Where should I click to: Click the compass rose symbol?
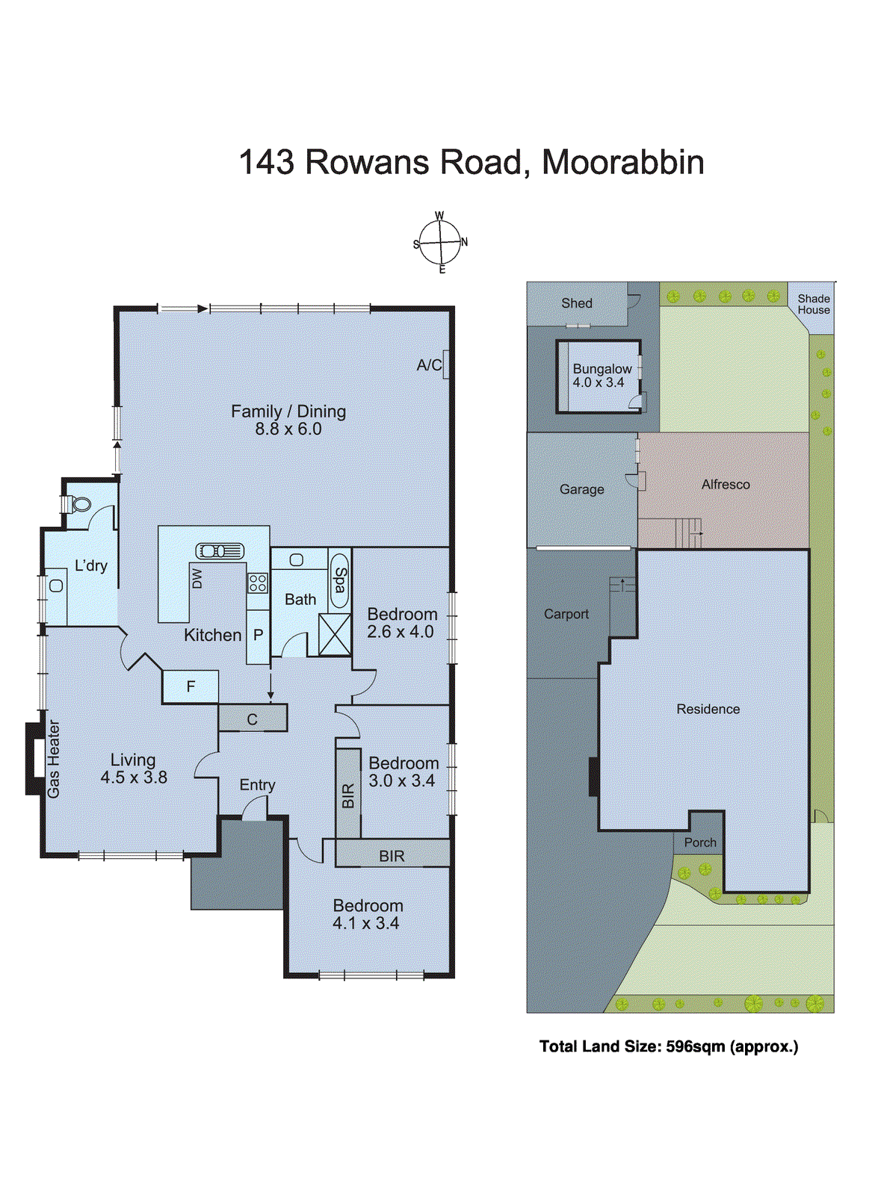coord(440,243)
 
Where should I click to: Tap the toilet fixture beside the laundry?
coord(78,505)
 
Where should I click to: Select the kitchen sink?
coord(220,551)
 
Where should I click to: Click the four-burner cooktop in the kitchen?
coord(258,583)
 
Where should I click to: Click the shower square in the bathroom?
coord(334,634)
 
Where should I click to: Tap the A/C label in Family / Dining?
coord(429,365)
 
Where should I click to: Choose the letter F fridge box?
coord(191,686)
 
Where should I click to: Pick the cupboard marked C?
coord(253,719)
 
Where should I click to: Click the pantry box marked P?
coord(258,636)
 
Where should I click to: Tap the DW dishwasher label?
coord(197,578)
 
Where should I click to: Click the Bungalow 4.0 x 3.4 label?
coord(602,376)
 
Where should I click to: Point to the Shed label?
coord(576,303)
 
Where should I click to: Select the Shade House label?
coord(813,304)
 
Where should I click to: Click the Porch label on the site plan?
coord(700,842)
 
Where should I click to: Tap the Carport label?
coord(566,614)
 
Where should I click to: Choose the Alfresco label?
coord(725,485)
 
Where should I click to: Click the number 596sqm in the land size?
coord(695,1046)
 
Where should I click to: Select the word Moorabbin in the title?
coord(622,162)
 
